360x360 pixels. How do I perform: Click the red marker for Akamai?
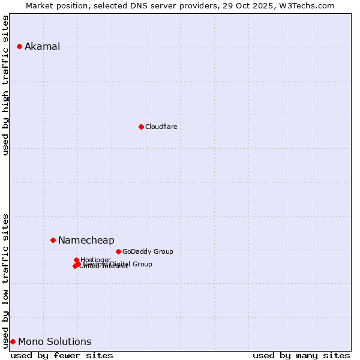pyautogui.click(x=19, y=46)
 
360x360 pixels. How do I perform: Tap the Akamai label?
pyautogui.click(x=42, y=47)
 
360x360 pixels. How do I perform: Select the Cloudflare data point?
pyautogui.click(x=141, y=127)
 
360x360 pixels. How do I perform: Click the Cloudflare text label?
pyautogui.click(x=161, y=127)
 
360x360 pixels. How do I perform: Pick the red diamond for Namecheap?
pyautogui.click(x=53, y=240)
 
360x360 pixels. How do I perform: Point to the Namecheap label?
pyautogui.click(x=86, y=241)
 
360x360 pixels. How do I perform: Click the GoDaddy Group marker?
pyautogui.click(x=118, y=251)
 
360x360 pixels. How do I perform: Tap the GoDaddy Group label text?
pyautogui.click(x=148, y=252)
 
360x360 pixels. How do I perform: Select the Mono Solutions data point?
pyautogui.click(x=13, y=341)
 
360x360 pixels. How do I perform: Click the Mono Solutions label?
pyautogui.click(x=55, y=342)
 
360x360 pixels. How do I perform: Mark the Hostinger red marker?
pyautogui.click(x=76, y=260)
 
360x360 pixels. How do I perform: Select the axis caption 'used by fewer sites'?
pyautogui.click(x=62, y=355)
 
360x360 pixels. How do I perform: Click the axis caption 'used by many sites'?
pyautogui.click(x=301, y=355)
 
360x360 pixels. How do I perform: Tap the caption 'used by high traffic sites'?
pyautogui.click(x=6, y=85)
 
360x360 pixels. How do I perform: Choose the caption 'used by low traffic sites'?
pyautogui.click(x=6, y=280)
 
